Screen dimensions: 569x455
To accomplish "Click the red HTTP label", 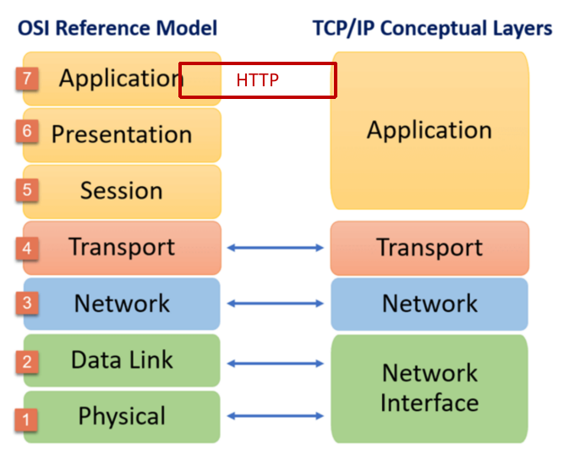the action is (x=257, y=79).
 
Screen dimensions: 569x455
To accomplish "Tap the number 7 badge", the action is (x=27, y=79).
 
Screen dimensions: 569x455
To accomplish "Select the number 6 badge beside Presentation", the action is (x=27, y=131).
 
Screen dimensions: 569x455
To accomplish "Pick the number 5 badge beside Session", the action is (x=27, y=189).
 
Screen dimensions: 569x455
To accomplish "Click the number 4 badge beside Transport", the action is (x=27, y=249).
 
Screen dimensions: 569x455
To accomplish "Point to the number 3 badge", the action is (x=27, y=303).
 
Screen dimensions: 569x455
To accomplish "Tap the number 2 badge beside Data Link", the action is (x=27, y=362).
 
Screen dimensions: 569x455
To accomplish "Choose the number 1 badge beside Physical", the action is (x=25, y=419).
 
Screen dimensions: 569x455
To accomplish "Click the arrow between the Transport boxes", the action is (x=275, y=248).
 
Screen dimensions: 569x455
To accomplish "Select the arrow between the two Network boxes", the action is (x=275, y=304).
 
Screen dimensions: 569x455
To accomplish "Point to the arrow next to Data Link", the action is (x=275, y=363).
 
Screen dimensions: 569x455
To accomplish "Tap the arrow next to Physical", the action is (x=275, y=416).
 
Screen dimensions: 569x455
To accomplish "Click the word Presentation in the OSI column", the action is (x=122, y=134).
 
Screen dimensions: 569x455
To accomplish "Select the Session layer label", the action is (x=121, y=190).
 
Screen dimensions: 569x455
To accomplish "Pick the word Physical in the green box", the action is (x=122, y=416).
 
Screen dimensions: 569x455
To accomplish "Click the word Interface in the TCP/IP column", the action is (x=429, y=403).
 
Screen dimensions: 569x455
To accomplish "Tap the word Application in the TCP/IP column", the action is (x=429, y=130).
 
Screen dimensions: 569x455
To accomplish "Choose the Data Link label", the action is (x=122, y=360).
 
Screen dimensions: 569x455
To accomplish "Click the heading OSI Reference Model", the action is (x=118, y=28).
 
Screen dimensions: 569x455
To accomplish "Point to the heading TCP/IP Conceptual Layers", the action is (x=432, y=29).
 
